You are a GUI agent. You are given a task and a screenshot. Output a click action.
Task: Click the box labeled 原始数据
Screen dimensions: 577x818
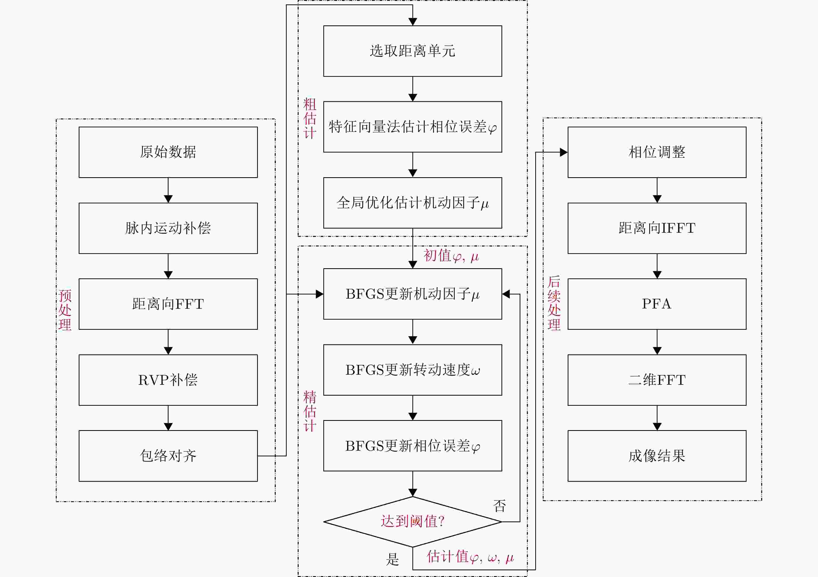point(168,152)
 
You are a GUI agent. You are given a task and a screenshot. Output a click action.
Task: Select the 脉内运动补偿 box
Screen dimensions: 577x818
point(168,228)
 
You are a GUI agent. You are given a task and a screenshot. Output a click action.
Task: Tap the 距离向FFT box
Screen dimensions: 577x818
point(168,304)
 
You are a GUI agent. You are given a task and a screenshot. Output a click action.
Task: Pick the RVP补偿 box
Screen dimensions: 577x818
point(168,380)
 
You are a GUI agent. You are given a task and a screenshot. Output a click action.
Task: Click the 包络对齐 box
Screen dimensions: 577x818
point(168,456)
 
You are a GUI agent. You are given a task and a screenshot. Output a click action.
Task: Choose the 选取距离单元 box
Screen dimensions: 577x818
point(413,51)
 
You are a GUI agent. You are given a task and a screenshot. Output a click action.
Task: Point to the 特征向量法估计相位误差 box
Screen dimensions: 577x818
point(413,127)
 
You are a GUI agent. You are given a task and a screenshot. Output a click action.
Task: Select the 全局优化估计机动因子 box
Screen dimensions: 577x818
point(413,203)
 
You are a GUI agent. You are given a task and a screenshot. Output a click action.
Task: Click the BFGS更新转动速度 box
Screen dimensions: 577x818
point(413,370)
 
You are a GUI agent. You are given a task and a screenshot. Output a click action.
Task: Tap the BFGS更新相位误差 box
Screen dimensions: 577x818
point(413,446)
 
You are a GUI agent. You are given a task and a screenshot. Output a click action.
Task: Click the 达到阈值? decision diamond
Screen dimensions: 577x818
point(413,521)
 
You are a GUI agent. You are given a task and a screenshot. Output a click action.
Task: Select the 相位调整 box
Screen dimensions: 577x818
point(657,152)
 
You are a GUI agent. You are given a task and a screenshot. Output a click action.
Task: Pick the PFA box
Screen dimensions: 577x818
point(657,304)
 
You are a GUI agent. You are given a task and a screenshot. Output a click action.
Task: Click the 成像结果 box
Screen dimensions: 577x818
point(657,456)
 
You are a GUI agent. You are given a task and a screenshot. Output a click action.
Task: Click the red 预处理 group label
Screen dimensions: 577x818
point(65,310)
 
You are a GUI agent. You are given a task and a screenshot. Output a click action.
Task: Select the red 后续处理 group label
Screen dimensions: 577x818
point(554,303)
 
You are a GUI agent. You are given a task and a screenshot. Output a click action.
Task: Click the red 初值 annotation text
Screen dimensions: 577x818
point(451,256)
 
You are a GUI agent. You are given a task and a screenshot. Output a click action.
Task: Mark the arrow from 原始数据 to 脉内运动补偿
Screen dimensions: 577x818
point(168,190)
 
